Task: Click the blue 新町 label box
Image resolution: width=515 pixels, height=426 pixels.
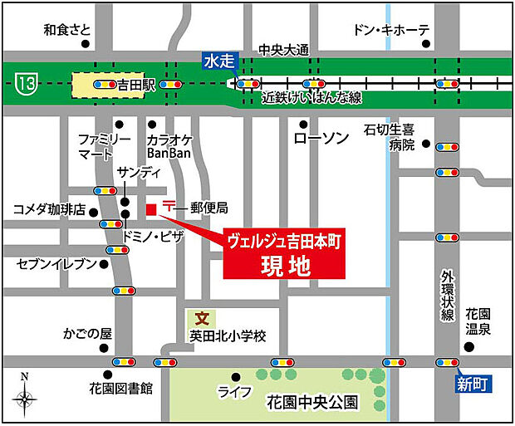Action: (472, 383)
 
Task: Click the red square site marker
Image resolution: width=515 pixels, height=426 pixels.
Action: (151, 208)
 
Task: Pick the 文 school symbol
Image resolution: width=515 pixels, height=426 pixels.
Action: (200, 317)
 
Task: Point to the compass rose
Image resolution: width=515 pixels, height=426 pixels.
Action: (25, 401)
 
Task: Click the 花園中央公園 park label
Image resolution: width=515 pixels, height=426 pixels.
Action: (312, 403)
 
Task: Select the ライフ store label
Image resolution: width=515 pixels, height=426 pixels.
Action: (234, 392)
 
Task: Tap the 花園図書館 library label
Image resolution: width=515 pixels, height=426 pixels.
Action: (121, 388)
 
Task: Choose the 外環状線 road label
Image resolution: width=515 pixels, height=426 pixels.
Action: (448, 295)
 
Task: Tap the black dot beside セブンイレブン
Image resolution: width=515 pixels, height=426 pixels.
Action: (104, 265)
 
